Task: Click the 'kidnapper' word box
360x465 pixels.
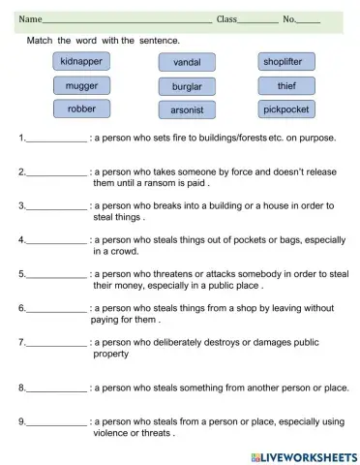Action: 81,62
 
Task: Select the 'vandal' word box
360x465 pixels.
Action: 187,63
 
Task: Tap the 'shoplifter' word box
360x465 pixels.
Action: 286,62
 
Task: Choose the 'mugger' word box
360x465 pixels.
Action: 81,85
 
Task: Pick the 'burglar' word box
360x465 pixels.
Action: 187,86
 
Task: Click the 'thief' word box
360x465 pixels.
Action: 286,85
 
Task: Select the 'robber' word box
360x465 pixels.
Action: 81,108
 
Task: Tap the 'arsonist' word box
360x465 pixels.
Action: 187,110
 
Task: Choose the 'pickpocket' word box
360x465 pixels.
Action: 286,109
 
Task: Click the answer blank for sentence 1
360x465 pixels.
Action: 56,139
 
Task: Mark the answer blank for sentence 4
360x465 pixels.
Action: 56,240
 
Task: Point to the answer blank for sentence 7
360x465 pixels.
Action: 56,344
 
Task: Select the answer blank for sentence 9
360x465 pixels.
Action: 56,423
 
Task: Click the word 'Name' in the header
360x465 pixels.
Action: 30,19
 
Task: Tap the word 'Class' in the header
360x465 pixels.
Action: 226,19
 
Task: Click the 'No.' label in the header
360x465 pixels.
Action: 288,19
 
